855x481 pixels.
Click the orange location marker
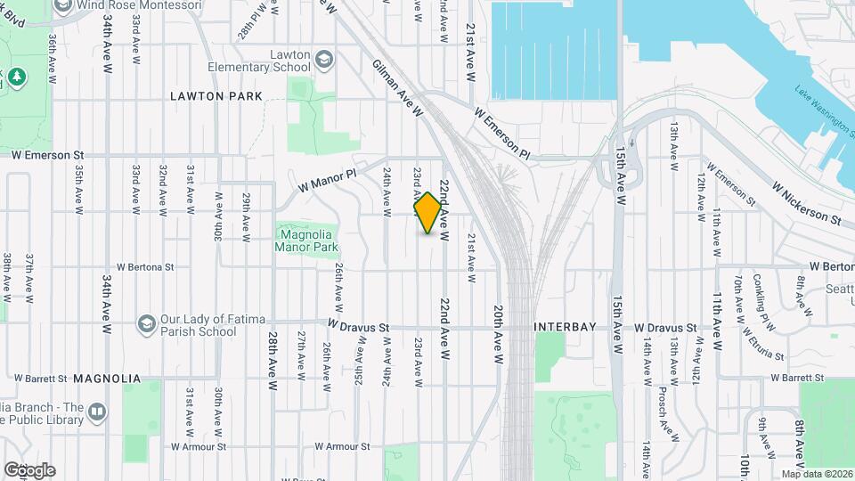(428, 213)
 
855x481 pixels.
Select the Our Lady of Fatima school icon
(146, 321)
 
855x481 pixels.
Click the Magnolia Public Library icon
(97, 411)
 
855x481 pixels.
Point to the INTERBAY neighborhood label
(565, 328)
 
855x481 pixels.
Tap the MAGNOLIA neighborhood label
(107, 379)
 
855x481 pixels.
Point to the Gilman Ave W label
(397, 88)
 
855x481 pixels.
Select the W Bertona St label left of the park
(157, 266)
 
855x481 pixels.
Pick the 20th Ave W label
(499, 336)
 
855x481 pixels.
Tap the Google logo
(28, 470)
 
